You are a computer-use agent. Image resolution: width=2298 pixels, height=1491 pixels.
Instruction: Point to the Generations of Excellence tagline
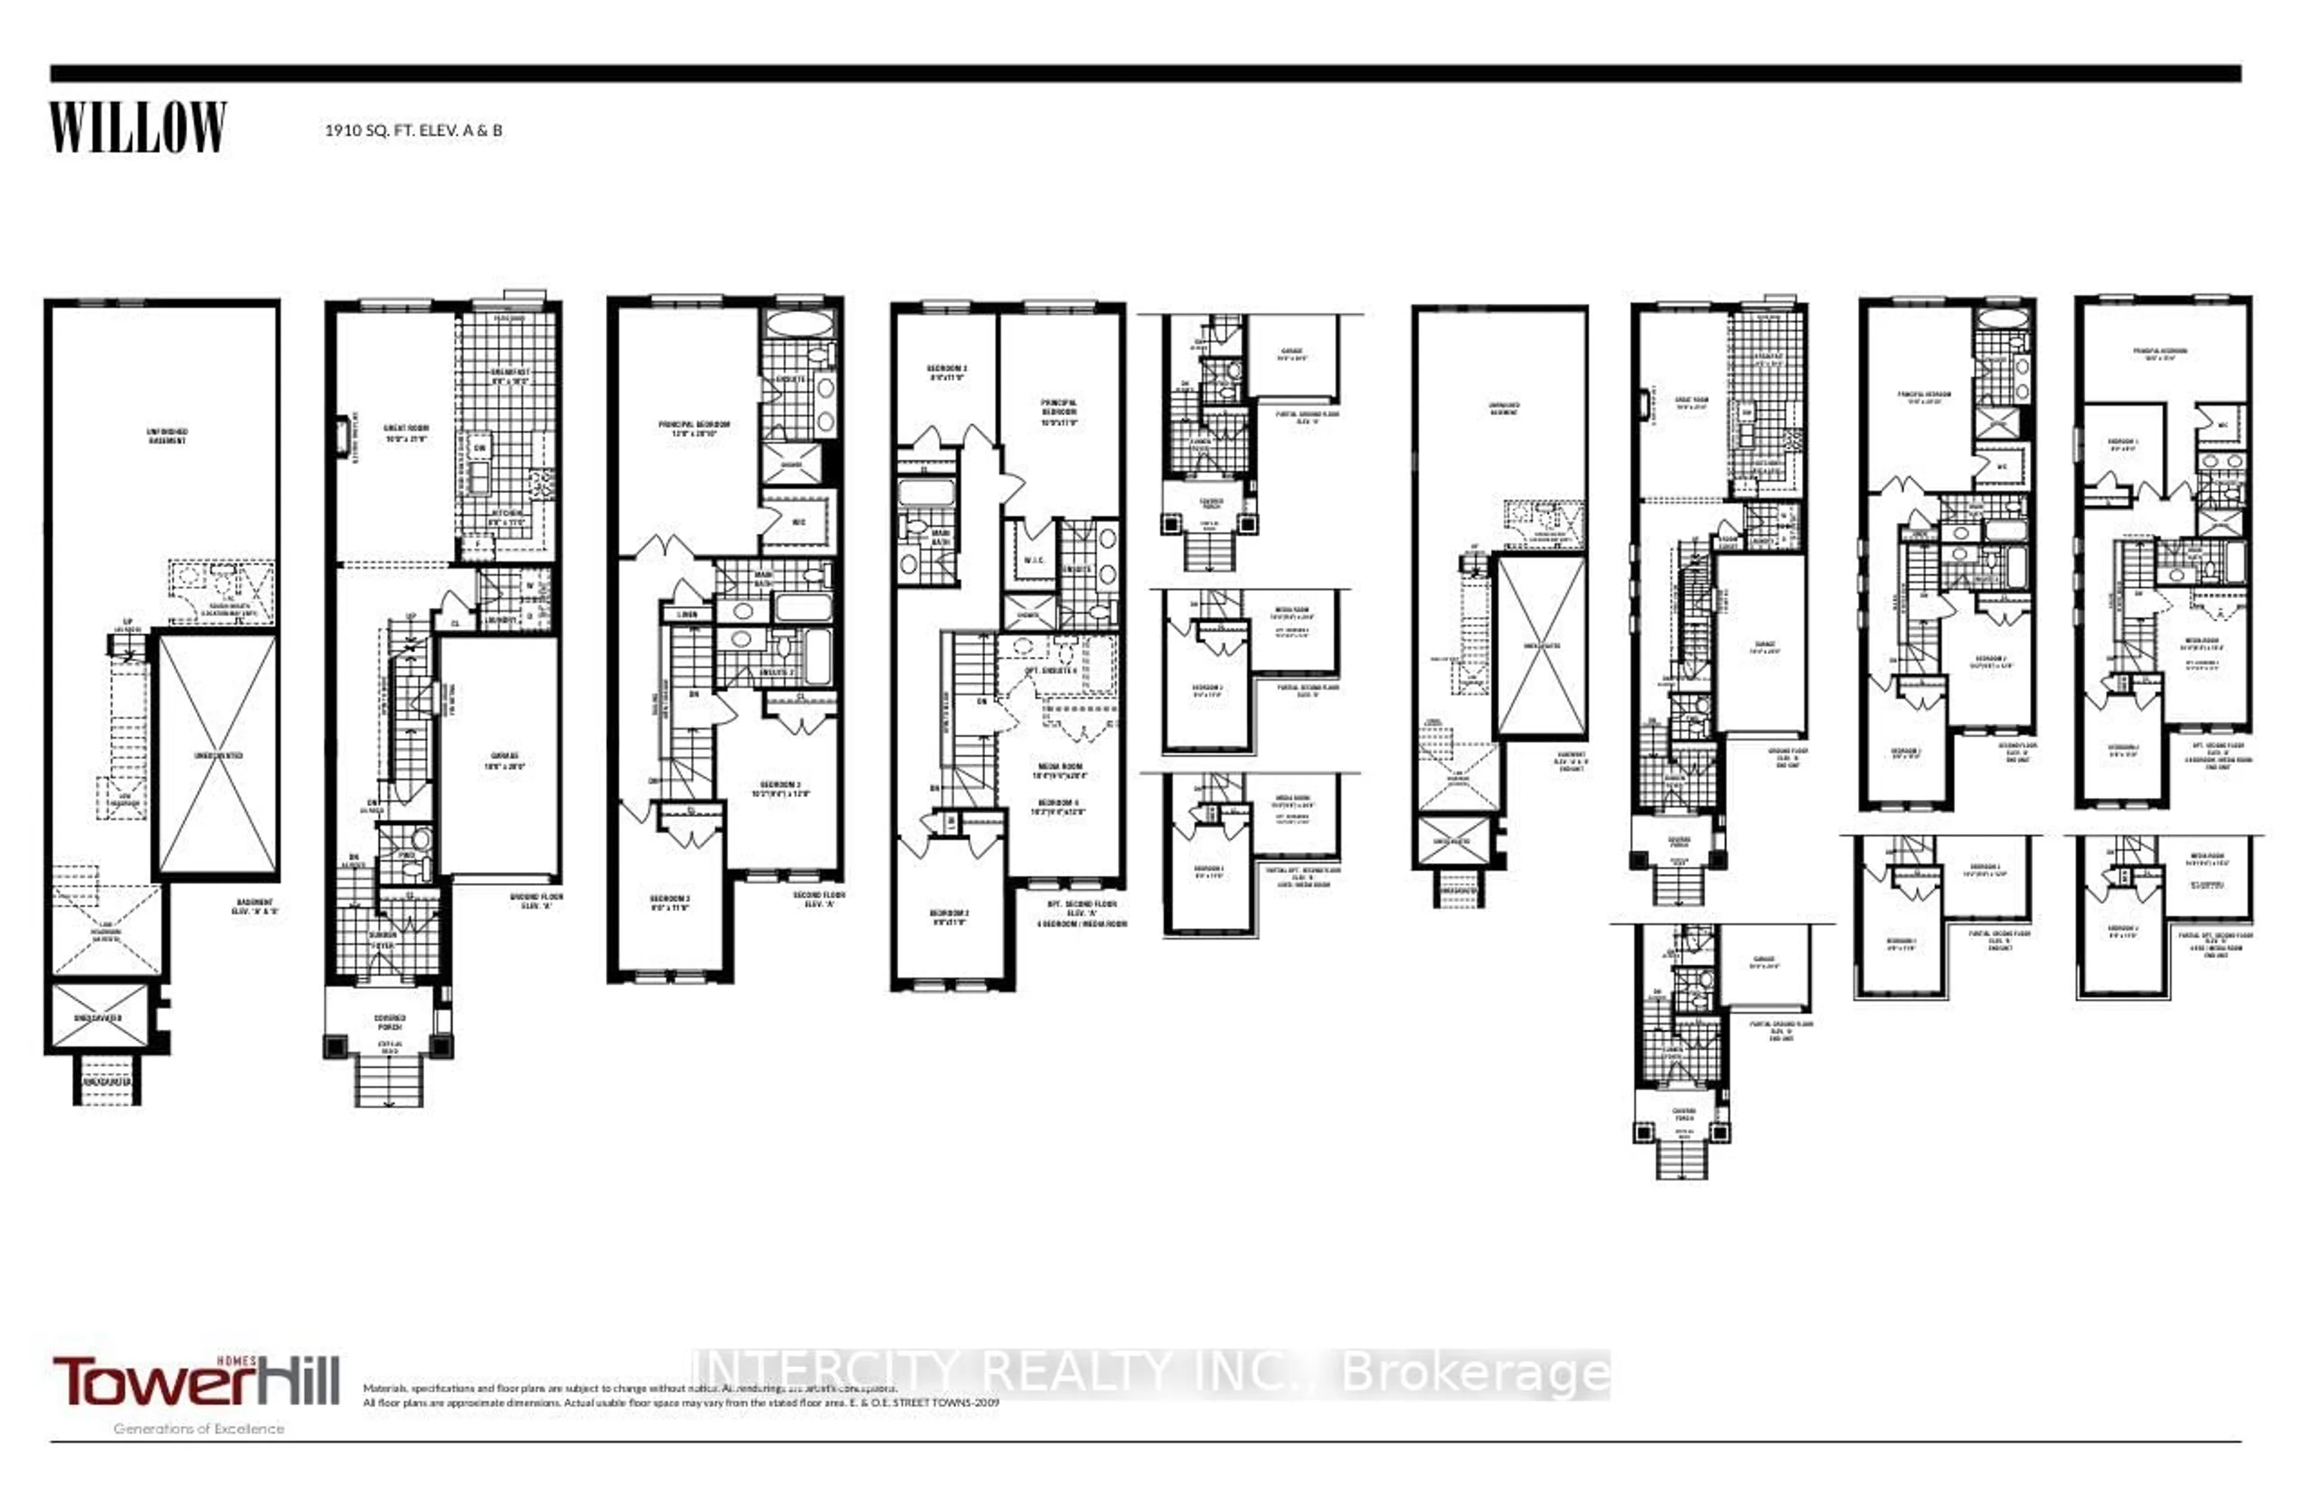(199, 1428)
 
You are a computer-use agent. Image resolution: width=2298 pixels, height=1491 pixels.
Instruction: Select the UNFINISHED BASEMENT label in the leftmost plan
(167, 436)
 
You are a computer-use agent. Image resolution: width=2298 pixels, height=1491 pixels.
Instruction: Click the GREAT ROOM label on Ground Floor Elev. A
(406, 433)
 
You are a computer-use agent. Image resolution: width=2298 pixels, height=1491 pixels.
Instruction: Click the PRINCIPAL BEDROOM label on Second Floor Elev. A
(694, 428)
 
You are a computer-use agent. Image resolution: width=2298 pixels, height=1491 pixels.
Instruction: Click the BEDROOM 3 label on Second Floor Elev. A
(780, 788)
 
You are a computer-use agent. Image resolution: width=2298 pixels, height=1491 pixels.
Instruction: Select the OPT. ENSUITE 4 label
(1050, 670)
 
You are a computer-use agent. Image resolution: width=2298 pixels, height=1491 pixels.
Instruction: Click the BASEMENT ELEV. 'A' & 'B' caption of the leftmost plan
(255, 907)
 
